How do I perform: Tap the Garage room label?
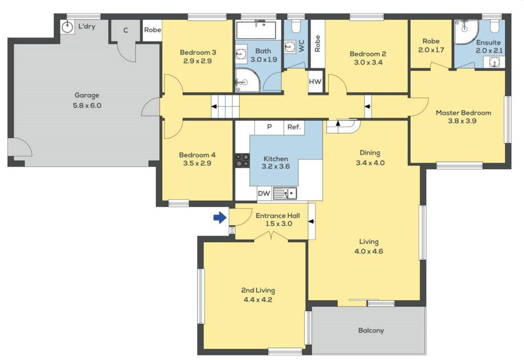click(87, 95)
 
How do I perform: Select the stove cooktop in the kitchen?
click(242, 160)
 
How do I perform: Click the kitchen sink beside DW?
click(285, 193)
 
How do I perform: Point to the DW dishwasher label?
click(264, 193)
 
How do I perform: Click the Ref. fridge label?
click(294, 127)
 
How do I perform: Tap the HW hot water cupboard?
click(315, 81)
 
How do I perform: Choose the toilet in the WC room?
click(295, 26)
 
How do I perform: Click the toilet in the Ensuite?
click(495, 26)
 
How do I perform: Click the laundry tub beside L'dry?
click(68, 27)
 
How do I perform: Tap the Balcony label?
click(371, 330)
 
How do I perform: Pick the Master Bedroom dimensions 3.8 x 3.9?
click(462, 121)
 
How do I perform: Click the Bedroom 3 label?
click(198, 52)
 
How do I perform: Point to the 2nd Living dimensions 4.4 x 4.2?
click(258, 300)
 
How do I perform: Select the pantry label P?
click(269, 127)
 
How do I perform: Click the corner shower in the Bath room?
click(248, 80)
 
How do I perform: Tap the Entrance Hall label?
click(278, 215)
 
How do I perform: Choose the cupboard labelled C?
click(126, 30)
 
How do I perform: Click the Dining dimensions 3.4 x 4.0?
click(370, 163)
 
